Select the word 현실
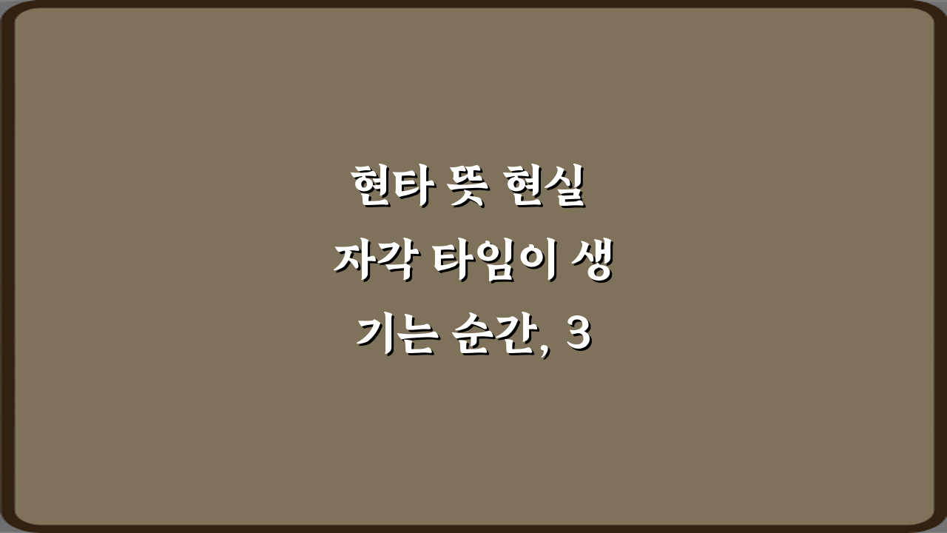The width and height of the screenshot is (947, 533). pyautogui.click(x=547, y=189)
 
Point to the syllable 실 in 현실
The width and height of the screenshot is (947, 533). pyautogui.click(x=567, y=189)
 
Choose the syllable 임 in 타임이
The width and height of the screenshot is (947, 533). pyautogui.click(x=489, y=263)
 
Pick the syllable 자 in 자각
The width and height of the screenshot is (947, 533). pyautogui.click(x=353, y=263)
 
